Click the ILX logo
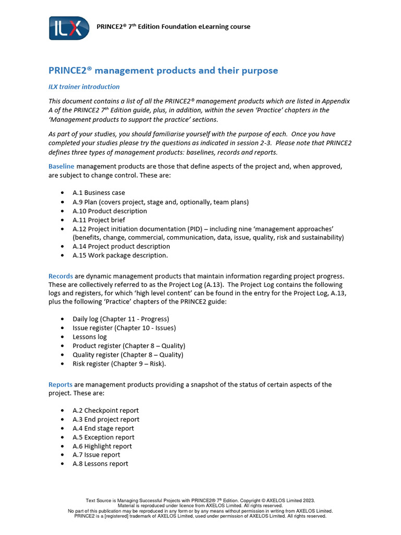click(x=69, y=28)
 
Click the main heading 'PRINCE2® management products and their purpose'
click(x=163, y=71)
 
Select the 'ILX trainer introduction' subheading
click(x=84, y=87)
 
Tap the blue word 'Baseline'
click(x=62, y=166)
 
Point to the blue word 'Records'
click(x=61, y=276)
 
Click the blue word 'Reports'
click(x=61, y=385)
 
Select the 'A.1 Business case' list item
click(x=99, y=193)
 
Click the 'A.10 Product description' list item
click(x=110, y=211)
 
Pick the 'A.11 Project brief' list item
click(x=99, y=220)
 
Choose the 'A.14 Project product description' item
click(x=121, y=246)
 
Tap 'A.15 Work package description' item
click(x=120, y=255)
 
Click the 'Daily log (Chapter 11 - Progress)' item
click(x=121, y=319)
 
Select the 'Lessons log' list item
click(x=89, y=337)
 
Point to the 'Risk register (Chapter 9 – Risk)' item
click(x=119, y=364)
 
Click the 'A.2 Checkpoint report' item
click(x=105, y=411)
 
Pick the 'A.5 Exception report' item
click(x=103, y=437)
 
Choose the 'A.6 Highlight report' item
click(x=102, y=446)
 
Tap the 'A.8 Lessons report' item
click(x=100, y=463)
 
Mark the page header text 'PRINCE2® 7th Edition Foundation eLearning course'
click(x=174, y=27)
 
